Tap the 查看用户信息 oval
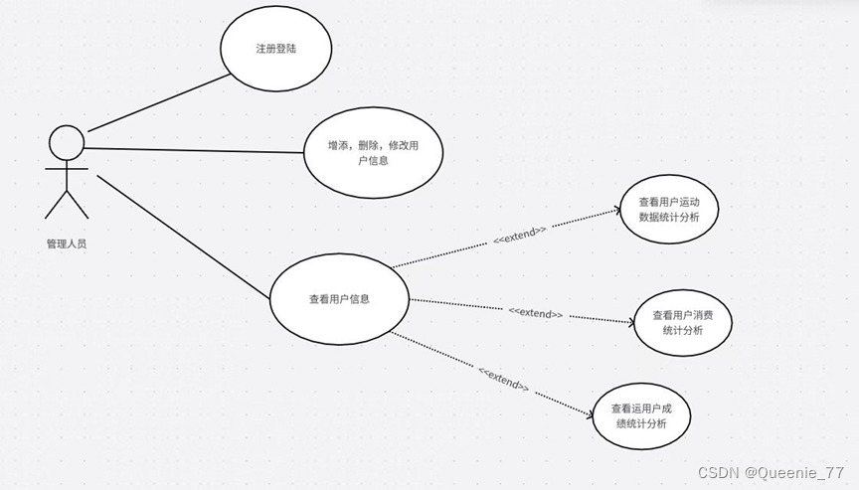(339, 298)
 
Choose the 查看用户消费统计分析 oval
(683, 323)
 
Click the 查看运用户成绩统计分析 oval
(641, 415)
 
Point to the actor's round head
(66, 142)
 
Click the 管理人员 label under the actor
(66, 244)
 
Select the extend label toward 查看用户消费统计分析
(536, 312)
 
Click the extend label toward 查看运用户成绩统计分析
(503, 378)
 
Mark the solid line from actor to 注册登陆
(154, 101)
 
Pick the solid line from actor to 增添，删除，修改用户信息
(194, 151)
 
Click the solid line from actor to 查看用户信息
(184, 237)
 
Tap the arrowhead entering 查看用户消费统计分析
(629, 321)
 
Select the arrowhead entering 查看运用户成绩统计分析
(589, 412)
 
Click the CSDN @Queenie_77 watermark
(771, 472)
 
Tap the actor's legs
(67, 203)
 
